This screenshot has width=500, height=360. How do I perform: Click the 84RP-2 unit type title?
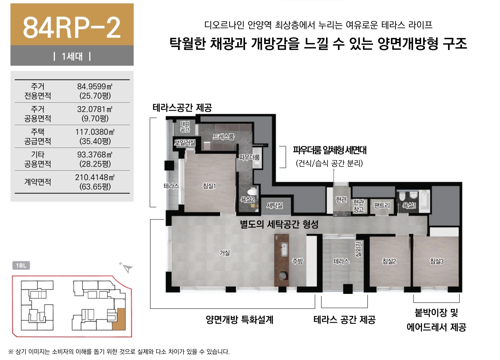pos(72,28)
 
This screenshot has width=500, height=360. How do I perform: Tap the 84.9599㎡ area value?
pos(95,86)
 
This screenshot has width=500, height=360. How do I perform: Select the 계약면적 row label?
pos(37,182)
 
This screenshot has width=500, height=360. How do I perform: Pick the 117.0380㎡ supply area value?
pos(95,132)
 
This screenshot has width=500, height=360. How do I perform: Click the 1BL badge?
pos(21,266)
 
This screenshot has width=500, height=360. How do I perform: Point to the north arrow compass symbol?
pos(127,268)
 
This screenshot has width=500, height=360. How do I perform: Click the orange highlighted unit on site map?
pos(120,319)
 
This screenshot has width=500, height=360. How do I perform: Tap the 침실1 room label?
pos(209,186)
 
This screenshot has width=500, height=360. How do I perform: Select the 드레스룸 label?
pos(223,136)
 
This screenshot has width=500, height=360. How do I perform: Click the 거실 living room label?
pos(224,253)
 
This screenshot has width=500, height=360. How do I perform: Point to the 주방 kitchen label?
pos(298,261)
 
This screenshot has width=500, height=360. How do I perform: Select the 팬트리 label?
pos(382,205)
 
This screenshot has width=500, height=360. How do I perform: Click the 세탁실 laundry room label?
pos(274,205)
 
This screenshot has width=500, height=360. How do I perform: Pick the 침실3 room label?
pos(437,261)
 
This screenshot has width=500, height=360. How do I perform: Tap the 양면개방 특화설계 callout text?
pos(239,320)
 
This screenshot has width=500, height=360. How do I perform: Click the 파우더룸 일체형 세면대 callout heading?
pos(330,150)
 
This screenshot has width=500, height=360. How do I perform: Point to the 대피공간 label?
pos(185,127)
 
